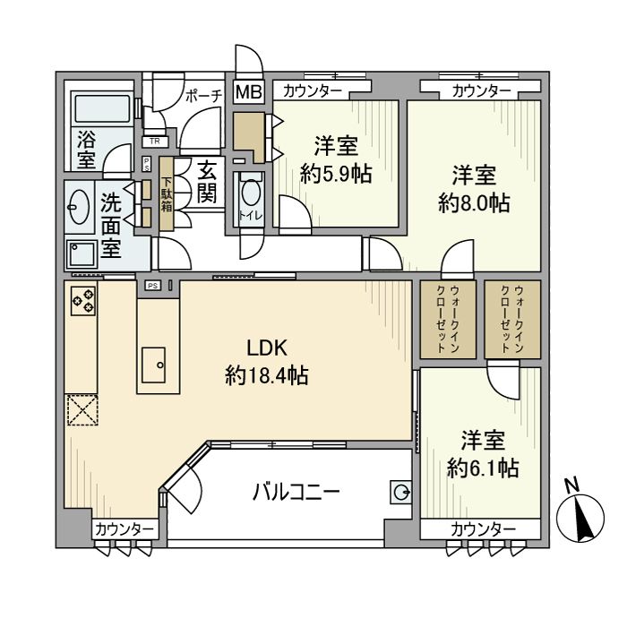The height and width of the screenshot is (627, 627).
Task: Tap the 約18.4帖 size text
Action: click(x=266, y=376)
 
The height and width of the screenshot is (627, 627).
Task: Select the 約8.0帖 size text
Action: click(x=474, y=203)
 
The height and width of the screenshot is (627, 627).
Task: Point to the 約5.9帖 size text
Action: click(x=336, y=174)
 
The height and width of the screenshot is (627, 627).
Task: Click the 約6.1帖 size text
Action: click(x=483, y=467)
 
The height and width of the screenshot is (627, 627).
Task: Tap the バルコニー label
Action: click(x=296, y=492)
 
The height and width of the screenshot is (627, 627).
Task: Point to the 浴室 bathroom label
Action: click(x=87, y=149)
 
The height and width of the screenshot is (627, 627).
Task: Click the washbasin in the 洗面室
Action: click(x=78, y=204)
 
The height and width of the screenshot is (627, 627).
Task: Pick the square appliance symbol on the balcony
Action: click(x=400, y=492)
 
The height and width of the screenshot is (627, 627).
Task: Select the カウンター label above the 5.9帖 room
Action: click(x=312, y=90)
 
